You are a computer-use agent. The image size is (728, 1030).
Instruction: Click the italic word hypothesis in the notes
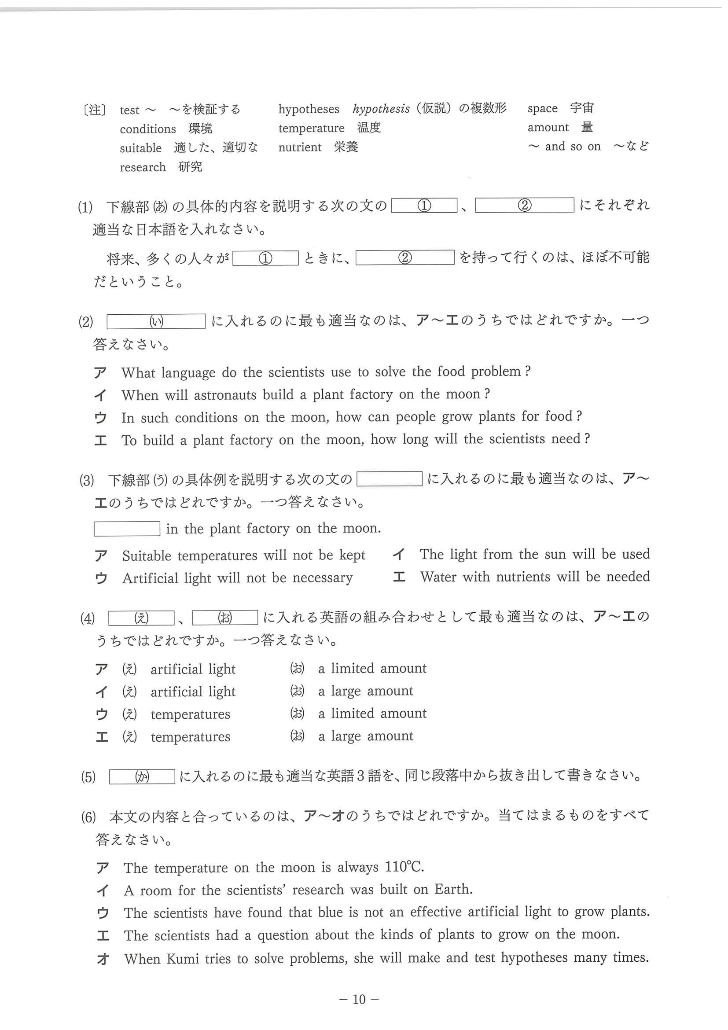381,109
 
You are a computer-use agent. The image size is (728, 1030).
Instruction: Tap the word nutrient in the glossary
300,147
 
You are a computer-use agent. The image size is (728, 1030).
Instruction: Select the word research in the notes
143,167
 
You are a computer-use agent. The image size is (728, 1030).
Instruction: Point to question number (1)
85,207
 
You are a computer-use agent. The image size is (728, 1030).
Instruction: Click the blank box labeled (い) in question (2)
156,321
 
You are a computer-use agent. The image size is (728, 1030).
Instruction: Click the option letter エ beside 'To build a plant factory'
100,441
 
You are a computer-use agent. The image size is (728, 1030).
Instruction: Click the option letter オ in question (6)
103,959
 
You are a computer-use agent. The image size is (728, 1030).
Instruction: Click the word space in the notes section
542,109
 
